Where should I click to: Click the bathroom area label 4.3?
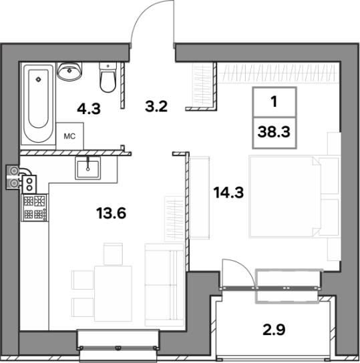click(x=89, y=109)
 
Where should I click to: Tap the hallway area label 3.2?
click(x=156, y=107)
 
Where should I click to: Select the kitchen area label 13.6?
click(x=111, y=213)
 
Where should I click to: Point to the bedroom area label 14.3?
click(x=228, y=192)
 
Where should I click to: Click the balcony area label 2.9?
click(x=274, y=330)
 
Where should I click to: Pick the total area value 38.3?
click(x=274, y=132)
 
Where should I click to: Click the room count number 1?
click(x=275, y=101)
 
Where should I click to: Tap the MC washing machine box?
click(x=69, y=136)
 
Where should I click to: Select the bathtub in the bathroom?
click(x=38, y=103)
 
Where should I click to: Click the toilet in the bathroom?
click(x=108, y=77)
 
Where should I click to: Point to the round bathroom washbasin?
click(x=69, y=71)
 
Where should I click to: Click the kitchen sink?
click(x=87, y=168)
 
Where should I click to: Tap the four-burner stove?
click(x=35, y=208)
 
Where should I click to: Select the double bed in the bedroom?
click(x=294, y=197)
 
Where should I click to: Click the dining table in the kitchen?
click(x=113, y=294)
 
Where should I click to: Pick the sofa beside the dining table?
click(x=165, y=285)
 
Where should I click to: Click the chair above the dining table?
click(x=113, y=254)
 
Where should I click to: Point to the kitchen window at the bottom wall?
click(x=118, y=347)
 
